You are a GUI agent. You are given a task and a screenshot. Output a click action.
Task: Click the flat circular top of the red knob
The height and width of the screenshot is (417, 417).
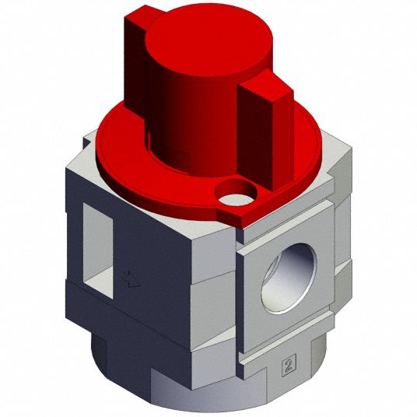coord(208,40)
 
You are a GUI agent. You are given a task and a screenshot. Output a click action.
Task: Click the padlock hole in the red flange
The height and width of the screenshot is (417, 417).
coord(237,194)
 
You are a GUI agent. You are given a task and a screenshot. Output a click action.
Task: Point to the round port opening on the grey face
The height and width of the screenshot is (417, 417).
coord(289,278)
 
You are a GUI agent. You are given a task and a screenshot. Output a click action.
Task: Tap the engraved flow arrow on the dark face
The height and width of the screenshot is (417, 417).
coord(132,280)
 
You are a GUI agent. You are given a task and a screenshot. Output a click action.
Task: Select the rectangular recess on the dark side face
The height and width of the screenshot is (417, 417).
coord(98,251)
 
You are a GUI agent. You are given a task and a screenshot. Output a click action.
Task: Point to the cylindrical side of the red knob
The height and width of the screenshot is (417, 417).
coord(191,125)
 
